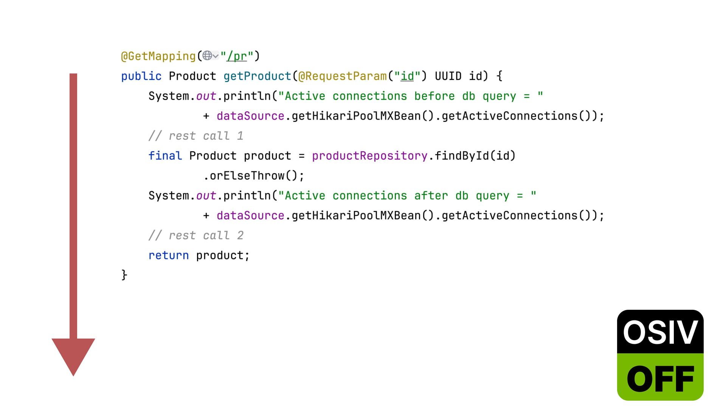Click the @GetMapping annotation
(x=158, y=56)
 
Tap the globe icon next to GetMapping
(x=207, y=56)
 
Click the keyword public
(x=141, y=76)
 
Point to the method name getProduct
(x=257, y=76)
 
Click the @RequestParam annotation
(x=342, y=76)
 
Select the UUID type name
(x=448, y=76)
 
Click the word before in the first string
(x=434, y=96)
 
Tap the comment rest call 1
(x=196, y=136)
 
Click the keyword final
(x=165, y=156)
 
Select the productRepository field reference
(x=369, y=156)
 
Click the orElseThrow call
(x=250, y=176)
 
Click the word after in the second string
(x=431, y=196)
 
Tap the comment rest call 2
(x=196, y=236)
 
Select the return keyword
(x=168, y=256)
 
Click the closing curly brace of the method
(x=124, y=275)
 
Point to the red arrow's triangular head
(x=73, y=354)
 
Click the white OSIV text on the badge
(x=660, y=332)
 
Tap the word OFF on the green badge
(x=660, y=378)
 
